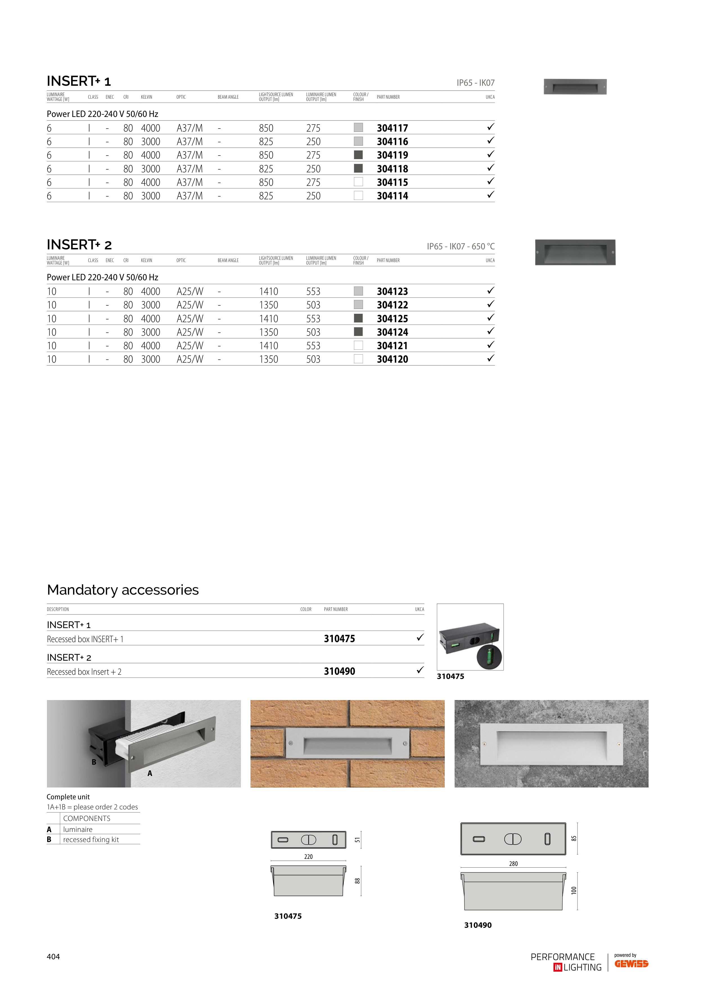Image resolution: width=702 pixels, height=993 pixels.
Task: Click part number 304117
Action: (392, 128)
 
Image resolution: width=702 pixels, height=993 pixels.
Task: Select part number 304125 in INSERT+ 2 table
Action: (392, 319)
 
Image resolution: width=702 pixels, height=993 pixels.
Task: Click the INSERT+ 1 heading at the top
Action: (79, 81)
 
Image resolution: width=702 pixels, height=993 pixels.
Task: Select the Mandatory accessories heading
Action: (123, 590)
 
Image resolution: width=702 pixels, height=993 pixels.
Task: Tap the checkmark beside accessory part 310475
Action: (419, 638)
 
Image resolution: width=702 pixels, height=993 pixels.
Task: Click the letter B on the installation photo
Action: (94, 762)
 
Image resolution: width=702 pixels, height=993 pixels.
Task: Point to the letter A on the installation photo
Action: (150, 773)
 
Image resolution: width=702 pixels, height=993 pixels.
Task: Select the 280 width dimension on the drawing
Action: (513, 864)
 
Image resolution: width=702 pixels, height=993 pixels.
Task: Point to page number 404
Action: (53, 957)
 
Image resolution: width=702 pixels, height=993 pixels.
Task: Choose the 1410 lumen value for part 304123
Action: (268, 292)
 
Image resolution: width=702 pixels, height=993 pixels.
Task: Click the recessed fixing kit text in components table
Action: (91, 839)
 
